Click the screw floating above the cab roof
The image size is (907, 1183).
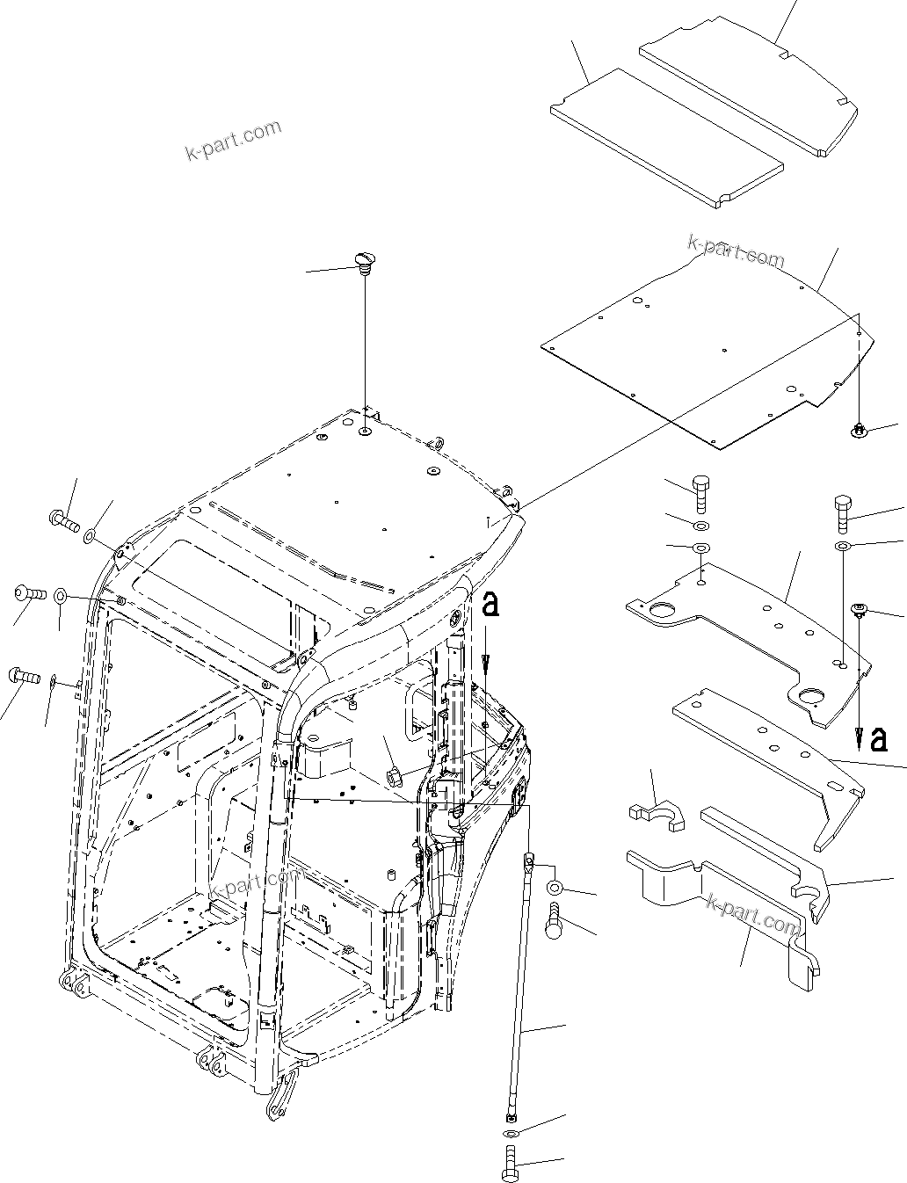[364, 260]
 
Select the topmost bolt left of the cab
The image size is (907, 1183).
[64, 520]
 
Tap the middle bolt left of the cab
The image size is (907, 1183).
[30, 594]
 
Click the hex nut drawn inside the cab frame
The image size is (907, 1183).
[393, 775]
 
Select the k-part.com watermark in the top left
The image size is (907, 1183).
[233, 141]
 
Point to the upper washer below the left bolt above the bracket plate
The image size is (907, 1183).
[701, 526]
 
